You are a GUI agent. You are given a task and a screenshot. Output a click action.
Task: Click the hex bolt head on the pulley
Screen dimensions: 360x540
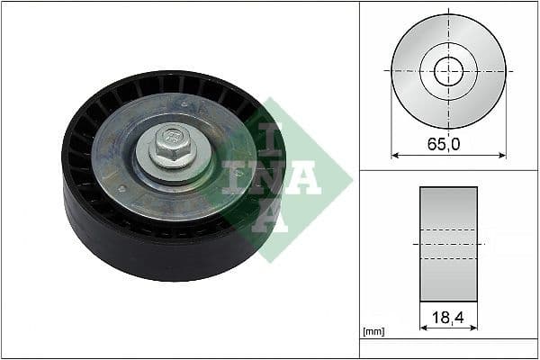pos(167,141)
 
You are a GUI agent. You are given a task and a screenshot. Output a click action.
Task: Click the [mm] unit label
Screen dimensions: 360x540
pos(373,332)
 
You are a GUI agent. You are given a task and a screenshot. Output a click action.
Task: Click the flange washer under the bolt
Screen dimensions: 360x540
pos(169,163)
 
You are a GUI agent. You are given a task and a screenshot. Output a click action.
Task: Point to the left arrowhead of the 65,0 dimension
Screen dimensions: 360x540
pos(394,154)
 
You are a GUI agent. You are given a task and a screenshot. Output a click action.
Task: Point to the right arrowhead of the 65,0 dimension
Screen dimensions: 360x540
pos(502,154)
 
